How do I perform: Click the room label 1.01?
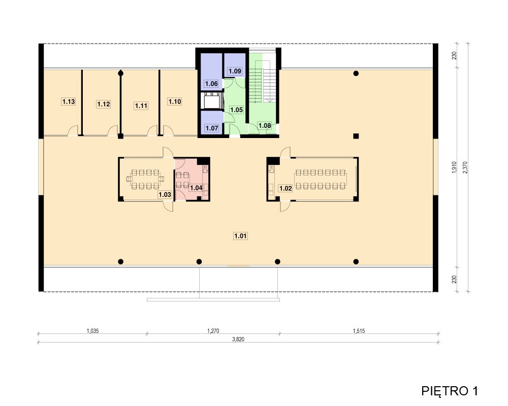[x=240, y=236]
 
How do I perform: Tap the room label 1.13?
[x=69, y=101]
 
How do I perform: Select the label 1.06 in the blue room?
[x=211, y=84]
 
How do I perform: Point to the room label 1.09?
[x=235, y=71]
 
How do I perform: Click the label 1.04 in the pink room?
[x=196, y=188]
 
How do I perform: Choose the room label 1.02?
[x=285, y=188]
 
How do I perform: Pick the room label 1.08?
[x=265, y=126]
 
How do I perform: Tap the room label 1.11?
[x=141, y=106]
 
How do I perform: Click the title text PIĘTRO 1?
[x=450, y=391]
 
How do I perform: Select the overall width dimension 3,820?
[x=238, y=340]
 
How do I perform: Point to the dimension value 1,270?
[x=213, y=331]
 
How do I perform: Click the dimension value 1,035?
[x=92, y=331]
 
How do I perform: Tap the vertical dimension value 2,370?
[x=465, y=167]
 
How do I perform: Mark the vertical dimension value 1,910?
[x=454, y=167]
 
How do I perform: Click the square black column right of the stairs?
[x=356, y=136]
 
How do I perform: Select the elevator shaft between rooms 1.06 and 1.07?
[x=212, y=100]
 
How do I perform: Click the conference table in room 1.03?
[x=145, y=179]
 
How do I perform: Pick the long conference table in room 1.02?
[x=321, y=179]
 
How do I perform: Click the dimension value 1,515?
[x=359, y=331]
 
